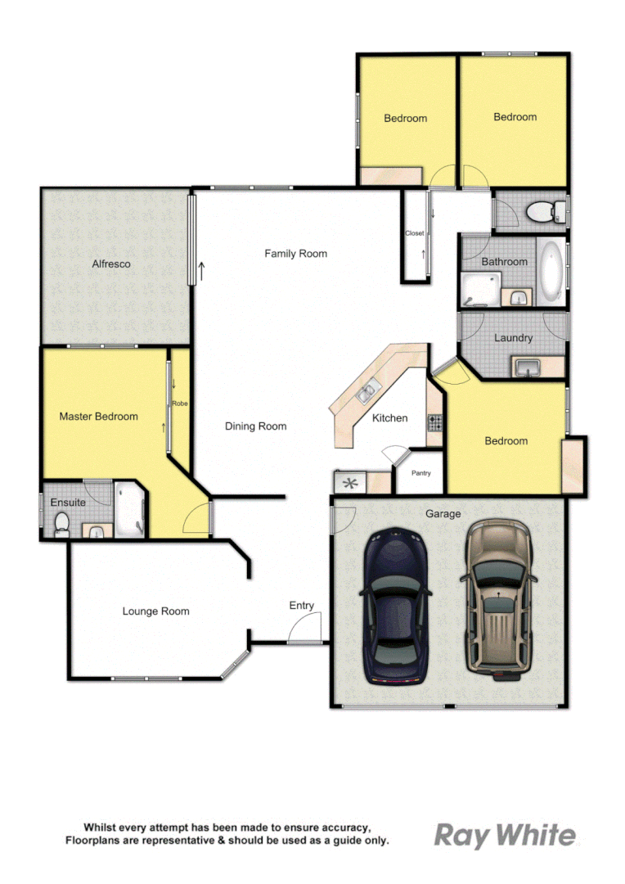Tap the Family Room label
tap(295, 254)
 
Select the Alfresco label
tap(111, 264)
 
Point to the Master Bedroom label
tap(98, 417)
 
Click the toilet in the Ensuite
tap(61, 525)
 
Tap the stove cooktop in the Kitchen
tap(434, 423)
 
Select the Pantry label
tap(420, 473)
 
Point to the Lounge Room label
tap(155, 611)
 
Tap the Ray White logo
tap(504, 836)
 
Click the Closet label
tap(415, 233)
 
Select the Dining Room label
tap(256, 426)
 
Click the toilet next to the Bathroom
tap(541, 213)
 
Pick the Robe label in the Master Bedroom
tap(179, 404)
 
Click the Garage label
tap(443, 514)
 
